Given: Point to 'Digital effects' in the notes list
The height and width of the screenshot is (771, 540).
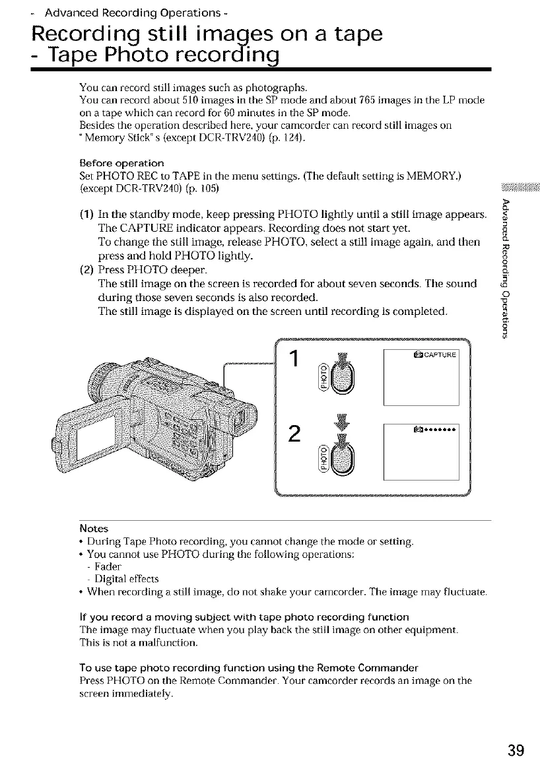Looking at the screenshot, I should pyautogui.click(x=122, y=579).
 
